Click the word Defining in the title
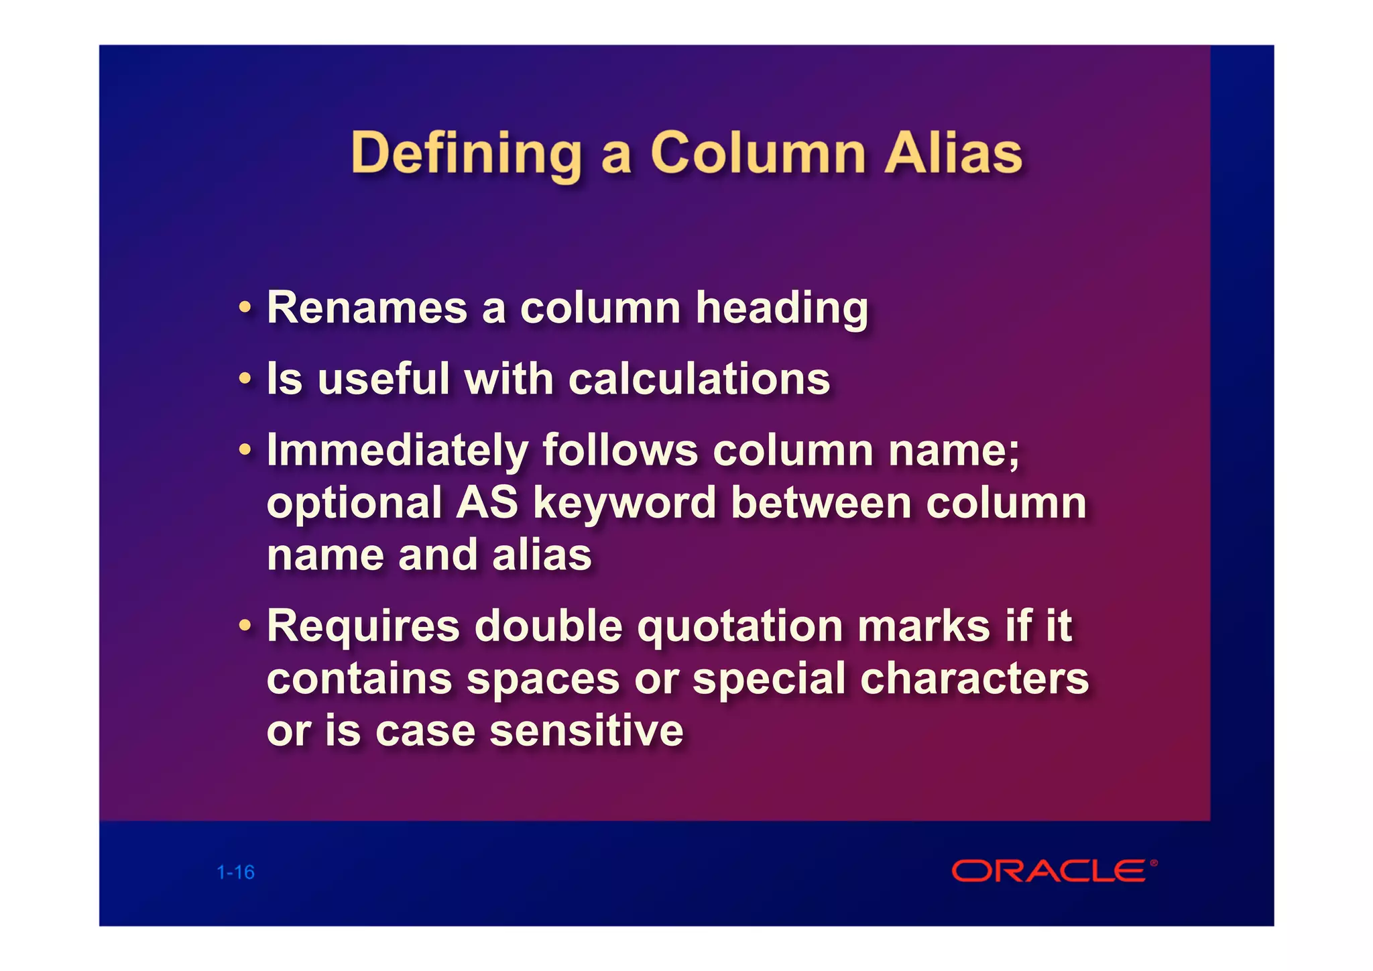467,154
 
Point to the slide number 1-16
235,872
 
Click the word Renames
367,308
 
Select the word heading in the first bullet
782,308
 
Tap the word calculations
699,379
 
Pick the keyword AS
487,502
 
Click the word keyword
625,502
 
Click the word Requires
363,626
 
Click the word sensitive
587,730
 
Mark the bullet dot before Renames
245,308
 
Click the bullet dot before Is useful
245,380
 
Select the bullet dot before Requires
245,626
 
